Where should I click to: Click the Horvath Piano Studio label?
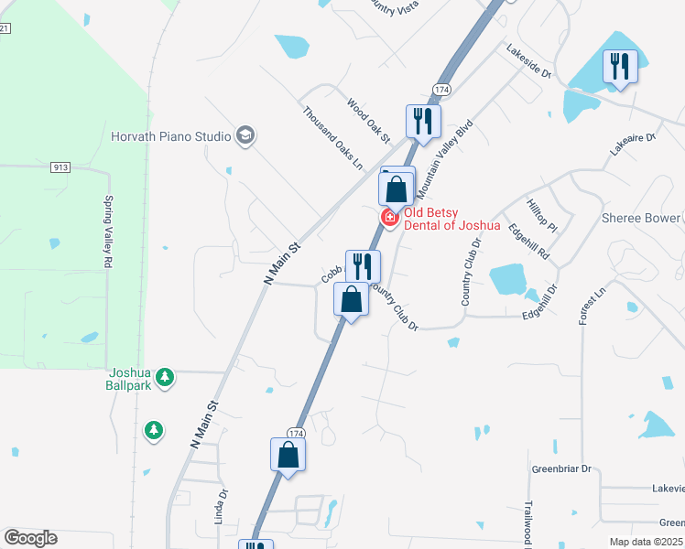[170, 136]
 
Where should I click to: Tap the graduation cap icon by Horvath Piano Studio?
[245, 136]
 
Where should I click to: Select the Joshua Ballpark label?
[129, 378]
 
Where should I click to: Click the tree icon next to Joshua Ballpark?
[165, 377]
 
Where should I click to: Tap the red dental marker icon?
[389, 217]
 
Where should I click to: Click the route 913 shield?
[61, 167]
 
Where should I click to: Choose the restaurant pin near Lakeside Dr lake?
[620, 67]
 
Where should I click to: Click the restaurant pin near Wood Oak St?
[423, 121]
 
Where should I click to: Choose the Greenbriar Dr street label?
[562, 469]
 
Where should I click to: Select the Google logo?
[30, 538]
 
